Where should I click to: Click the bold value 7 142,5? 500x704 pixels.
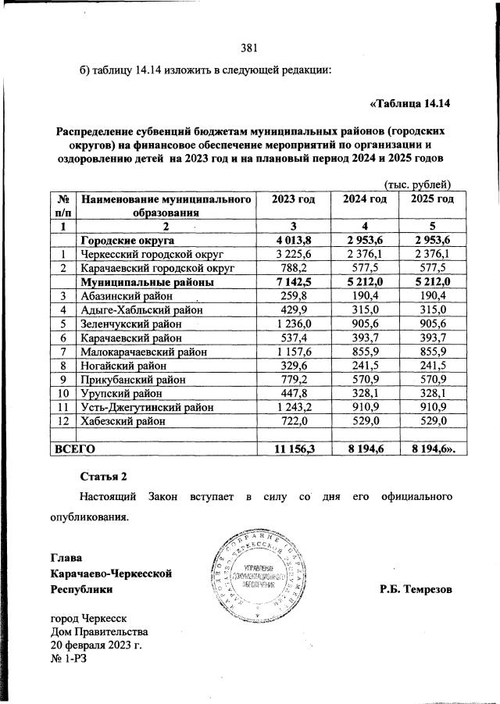point(293,282)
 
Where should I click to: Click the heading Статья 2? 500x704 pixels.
point(102,475)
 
